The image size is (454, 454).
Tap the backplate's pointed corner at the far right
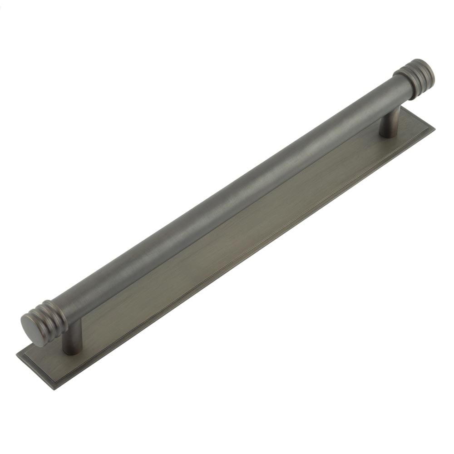point(434,128)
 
